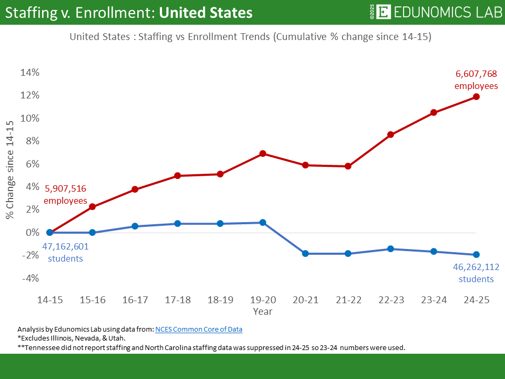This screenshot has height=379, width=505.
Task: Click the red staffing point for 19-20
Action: pos(262,154)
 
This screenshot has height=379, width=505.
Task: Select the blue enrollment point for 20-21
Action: pos(305,254)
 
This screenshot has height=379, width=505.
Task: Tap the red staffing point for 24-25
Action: pos(476,96)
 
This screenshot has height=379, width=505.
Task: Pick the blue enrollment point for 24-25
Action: pos(476,255)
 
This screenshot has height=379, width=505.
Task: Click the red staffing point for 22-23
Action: pos(391,134)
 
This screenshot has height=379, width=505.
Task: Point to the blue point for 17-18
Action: pos(177,224)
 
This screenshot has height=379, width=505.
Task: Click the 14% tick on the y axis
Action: pos(29,73)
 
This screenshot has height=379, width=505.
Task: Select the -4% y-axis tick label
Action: pos(29,278)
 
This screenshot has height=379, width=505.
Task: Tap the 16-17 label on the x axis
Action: pos(135,300)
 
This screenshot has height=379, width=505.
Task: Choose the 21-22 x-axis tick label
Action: pos(348,300)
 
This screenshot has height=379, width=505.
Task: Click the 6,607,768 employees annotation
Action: pos(476,80)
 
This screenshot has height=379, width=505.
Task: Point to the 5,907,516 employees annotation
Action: pos(65,194)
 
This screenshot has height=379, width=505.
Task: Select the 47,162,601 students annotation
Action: pos(65,252)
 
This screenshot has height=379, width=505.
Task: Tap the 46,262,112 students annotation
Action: pos(476,273)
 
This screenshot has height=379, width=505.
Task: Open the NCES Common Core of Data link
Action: pos(199,330)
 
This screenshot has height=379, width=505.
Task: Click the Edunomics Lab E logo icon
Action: pos(384,12)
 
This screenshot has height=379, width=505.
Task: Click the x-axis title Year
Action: pos(262,311)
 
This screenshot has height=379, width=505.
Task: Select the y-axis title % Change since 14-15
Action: pos(10,169)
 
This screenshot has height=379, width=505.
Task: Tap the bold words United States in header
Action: pos(205,13)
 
